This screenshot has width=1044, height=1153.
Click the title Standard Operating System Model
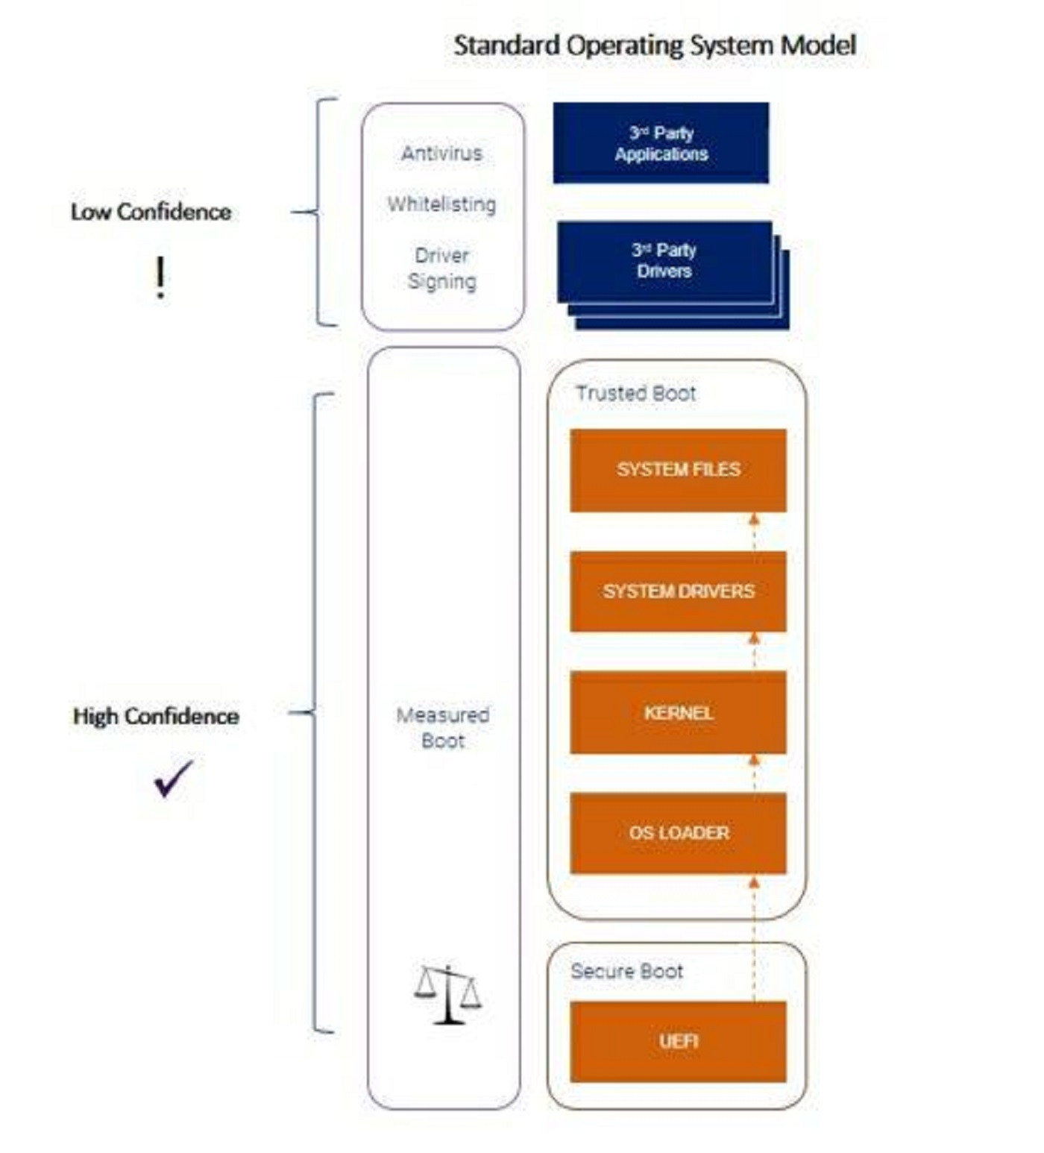click(655, 45)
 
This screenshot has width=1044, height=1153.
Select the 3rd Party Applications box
click(661, 143)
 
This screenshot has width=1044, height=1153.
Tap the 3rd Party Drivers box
click(664, 261)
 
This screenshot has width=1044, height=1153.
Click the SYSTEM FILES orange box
click(678, 470)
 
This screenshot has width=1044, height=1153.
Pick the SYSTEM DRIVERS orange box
click(678, 591)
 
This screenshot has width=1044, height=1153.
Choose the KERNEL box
click(678, 713)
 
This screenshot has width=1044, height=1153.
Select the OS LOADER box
click(678, 832)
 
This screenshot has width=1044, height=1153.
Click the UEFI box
click(678, 1041)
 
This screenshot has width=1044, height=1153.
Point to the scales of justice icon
click(447, 994)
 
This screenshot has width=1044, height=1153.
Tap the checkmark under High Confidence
click(173, 779)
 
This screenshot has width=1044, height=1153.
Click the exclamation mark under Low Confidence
click(160, 277)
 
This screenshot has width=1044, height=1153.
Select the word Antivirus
click(441, 154)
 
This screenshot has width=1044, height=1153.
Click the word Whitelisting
click(441, 204)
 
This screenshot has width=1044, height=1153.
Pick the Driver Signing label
click(441, 268)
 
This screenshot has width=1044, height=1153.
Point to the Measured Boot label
click(442, 728)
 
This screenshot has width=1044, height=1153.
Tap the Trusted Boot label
click(635, 393)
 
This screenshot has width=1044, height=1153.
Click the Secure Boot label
click(626, 971)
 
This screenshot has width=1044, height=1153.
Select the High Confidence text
click(156, 716)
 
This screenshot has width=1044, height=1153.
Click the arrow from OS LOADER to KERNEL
click(754, 773)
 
